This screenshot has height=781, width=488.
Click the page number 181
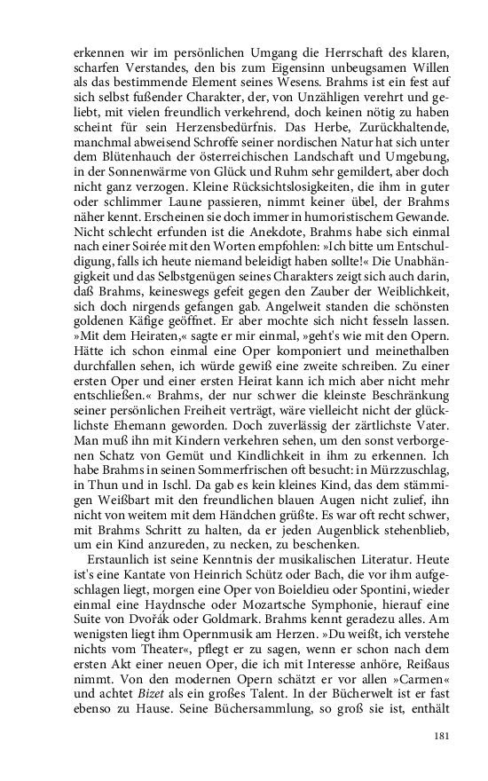422,736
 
